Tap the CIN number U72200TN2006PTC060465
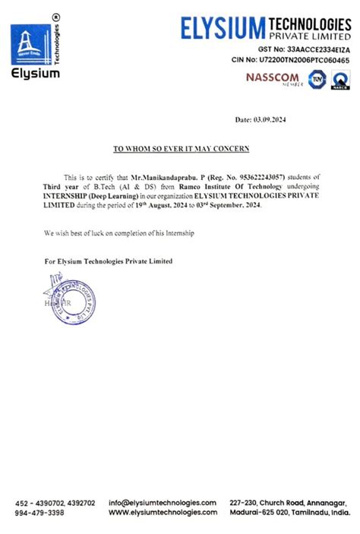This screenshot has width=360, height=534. click(x=304, y=59)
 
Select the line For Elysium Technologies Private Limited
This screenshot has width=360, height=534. click(x=109, y=261)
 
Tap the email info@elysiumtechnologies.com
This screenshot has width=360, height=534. click(x=163, y=503)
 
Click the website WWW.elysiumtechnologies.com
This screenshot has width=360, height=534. click(x=163, y=513)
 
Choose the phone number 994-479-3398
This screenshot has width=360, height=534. click(x=39, y=513)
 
